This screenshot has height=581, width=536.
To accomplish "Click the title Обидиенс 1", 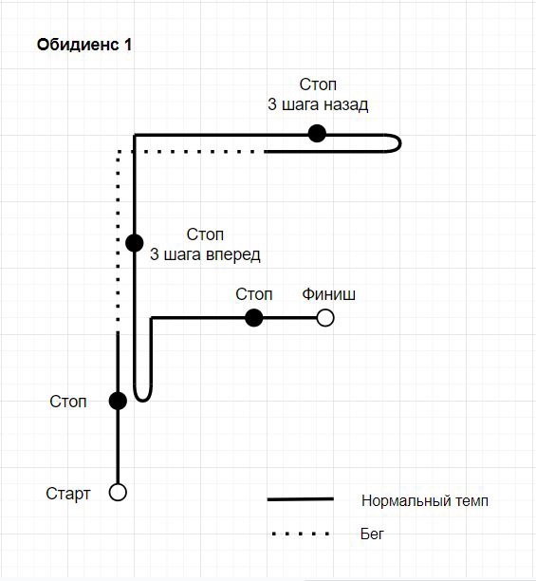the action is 84,45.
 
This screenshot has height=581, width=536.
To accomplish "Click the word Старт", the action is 68,494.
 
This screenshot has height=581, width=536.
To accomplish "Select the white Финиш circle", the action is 325,318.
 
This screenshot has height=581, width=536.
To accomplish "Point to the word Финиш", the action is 328,294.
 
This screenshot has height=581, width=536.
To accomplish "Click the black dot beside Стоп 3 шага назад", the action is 317,134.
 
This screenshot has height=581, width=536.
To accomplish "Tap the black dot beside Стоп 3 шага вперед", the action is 135,243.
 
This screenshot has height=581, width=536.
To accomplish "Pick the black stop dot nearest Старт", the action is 118,401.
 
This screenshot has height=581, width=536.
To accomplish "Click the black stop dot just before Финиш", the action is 254,318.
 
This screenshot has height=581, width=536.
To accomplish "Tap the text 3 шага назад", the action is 318,104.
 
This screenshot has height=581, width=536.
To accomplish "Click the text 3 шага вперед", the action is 205,255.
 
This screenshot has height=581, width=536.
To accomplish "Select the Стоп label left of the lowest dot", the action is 68,402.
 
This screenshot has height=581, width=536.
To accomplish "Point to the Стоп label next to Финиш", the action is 254,294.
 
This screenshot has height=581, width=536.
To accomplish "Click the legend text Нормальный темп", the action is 425,501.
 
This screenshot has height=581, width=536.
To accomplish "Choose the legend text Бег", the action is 372,534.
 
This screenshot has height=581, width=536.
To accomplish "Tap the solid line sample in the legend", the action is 301,499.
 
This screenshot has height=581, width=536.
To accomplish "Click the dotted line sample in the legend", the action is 301,534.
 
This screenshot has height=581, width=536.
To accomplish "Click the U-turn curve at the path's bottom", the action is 143,401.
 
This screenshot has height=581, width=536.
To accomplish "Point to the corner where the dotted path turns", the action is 118,152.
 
